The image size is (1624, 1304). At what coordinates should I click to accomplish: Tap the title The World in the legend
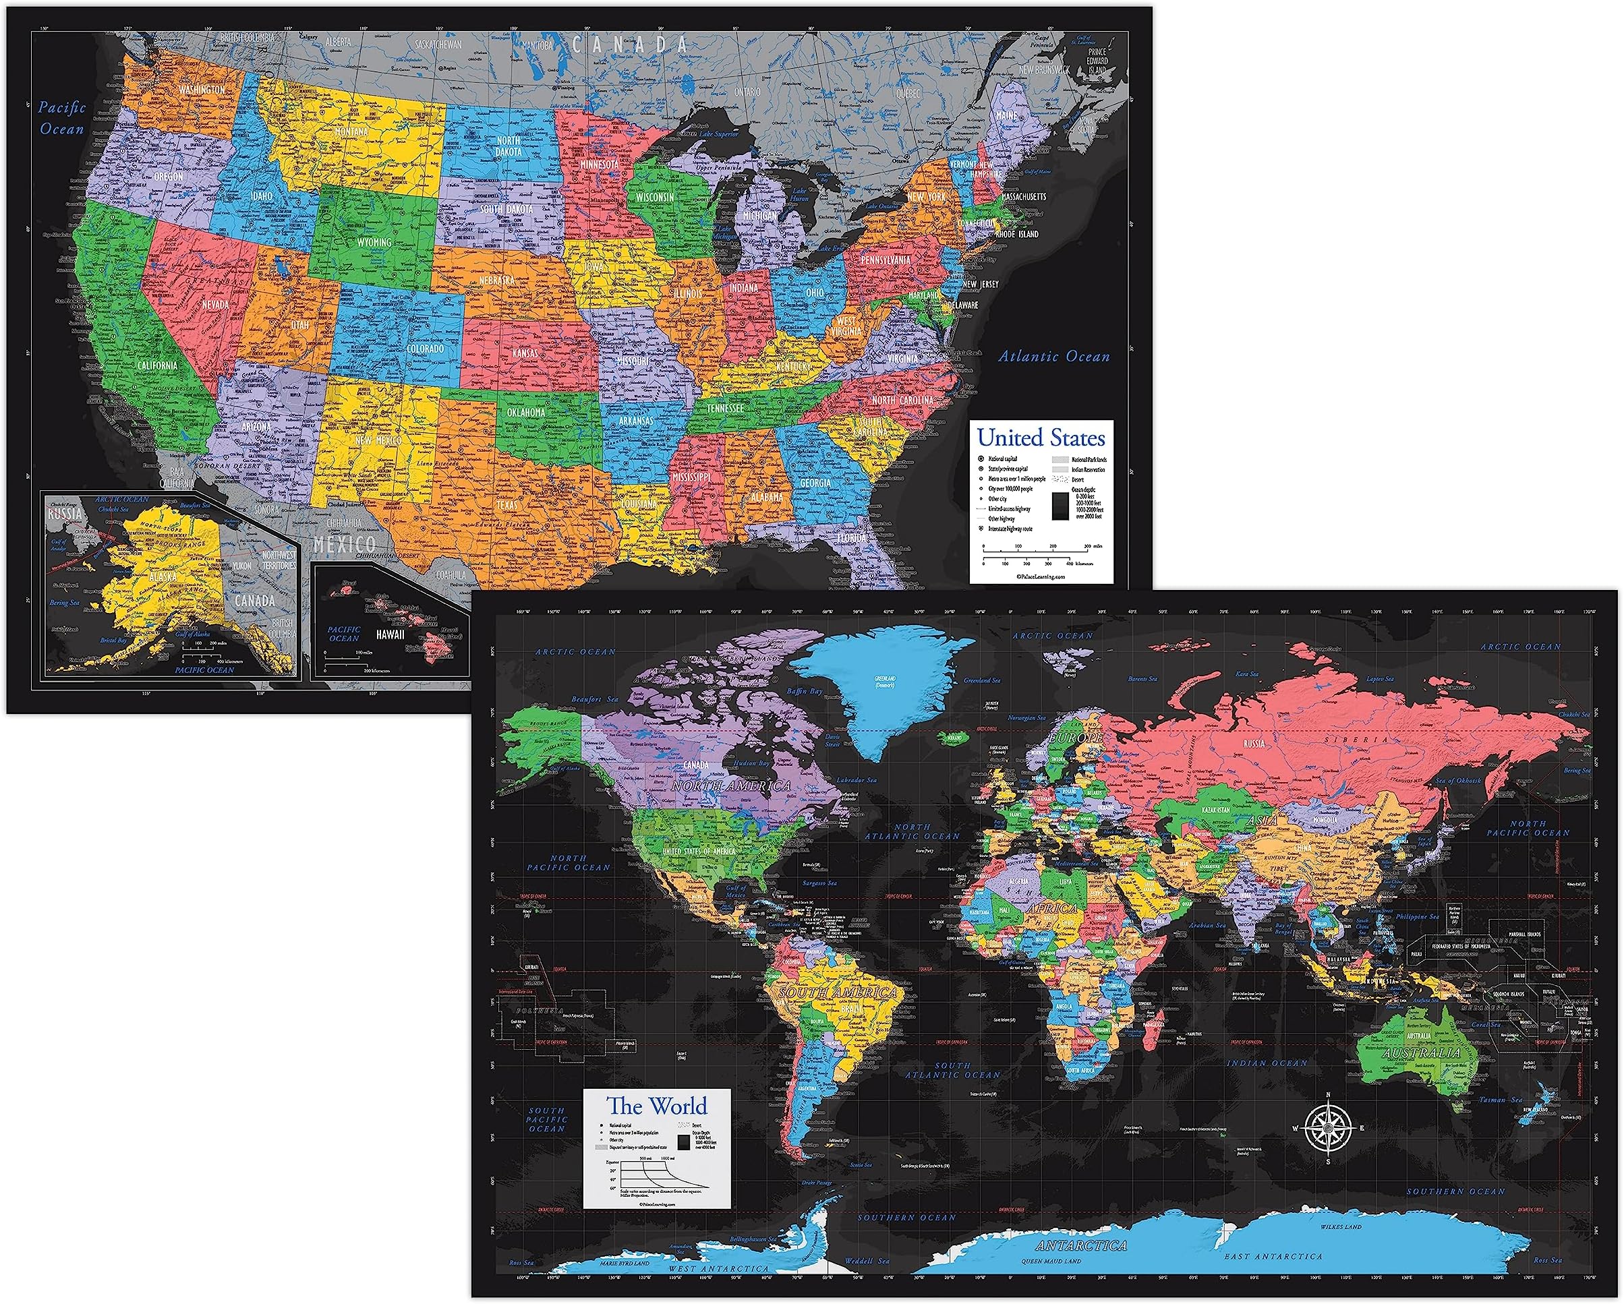657,1106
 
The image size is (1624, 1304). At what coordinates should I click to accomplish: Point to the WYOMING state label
374,243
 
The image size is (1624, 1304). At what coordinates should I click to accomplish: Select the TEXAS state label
507,505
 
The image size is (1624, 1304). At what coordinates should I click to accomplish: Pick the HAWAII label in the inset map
390,634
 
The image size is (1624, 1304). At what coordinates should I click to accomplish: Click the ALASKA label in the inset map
163,576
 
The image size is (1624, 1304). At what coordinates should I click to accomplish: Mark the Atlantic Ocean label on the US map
1054,356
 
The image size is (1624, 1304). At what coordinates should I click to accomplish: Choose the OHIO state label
814,292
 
